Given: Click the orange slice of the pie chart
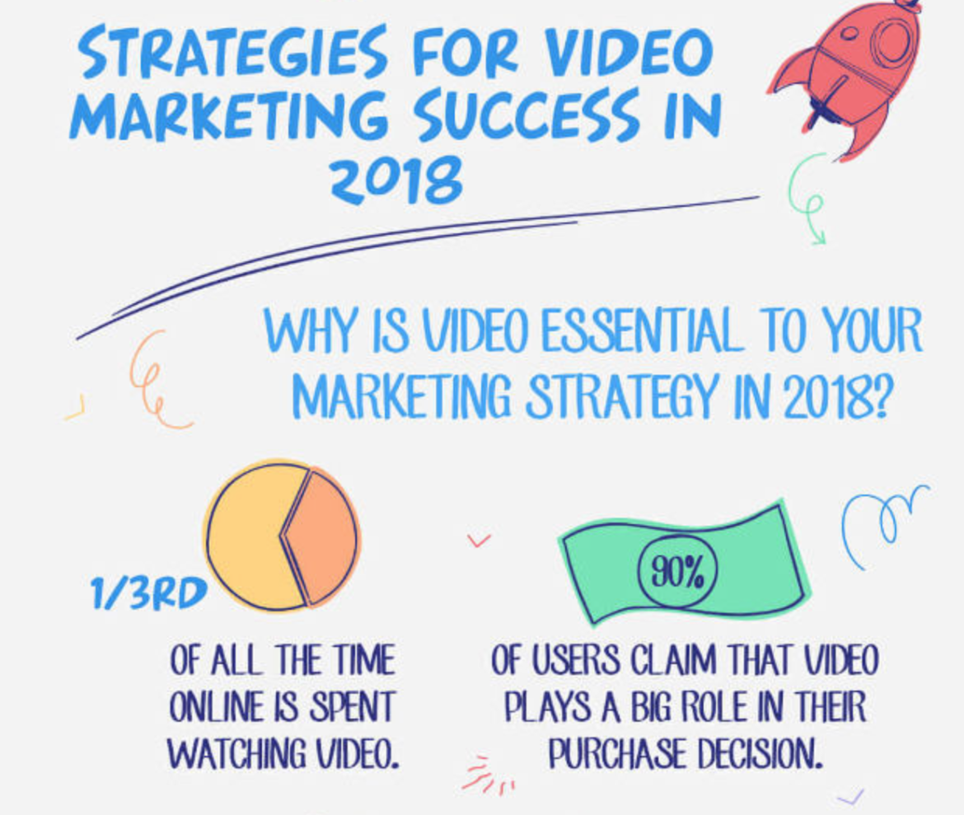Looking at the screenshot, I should (322, 536).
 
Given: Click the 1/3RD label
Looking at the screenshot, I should (149, 595).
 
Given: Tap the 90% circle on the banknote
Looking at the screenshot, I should (677, 571).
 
